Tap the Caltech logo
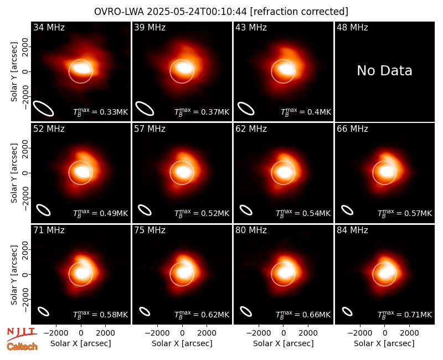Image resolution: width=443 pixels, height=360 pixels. pyautogui.click(x=22, y=347)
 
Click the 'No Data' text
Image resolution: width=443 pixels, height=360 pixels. pyautogui.click(x=384, y=71)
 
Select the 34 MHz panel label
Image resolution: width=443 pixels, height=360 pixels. pyautogui.click(x=49, y=27)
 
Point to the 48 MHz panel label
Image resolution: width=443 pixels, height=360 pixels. pyautogui.click(x=352, y=27)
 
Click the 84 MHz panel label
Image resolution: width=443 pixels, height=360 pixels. pyautogui.click(x=352, y=230)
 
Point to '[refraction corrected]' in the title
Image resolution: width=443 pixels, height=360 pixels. pyautogui.click(x=299, y=12)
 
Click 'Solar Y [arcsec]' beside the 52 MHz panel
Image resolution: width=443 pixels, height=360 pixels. pyautogui.click(x=14, y=173)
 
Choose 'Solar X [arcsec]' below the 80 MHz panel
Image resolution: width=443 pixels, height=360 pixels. pyautogui.click(x=284, y=343)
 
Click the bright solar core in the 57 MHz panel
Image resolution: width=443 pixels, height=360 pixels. pyautogui.click(x=183, y=172)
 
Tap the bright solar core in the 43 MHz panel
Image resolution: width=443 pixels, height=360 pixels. pyautogui.click(x=285, y=69)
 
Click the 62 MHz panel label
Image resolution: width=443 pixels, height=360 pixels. pyautogui.click(x=251, y=129)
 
